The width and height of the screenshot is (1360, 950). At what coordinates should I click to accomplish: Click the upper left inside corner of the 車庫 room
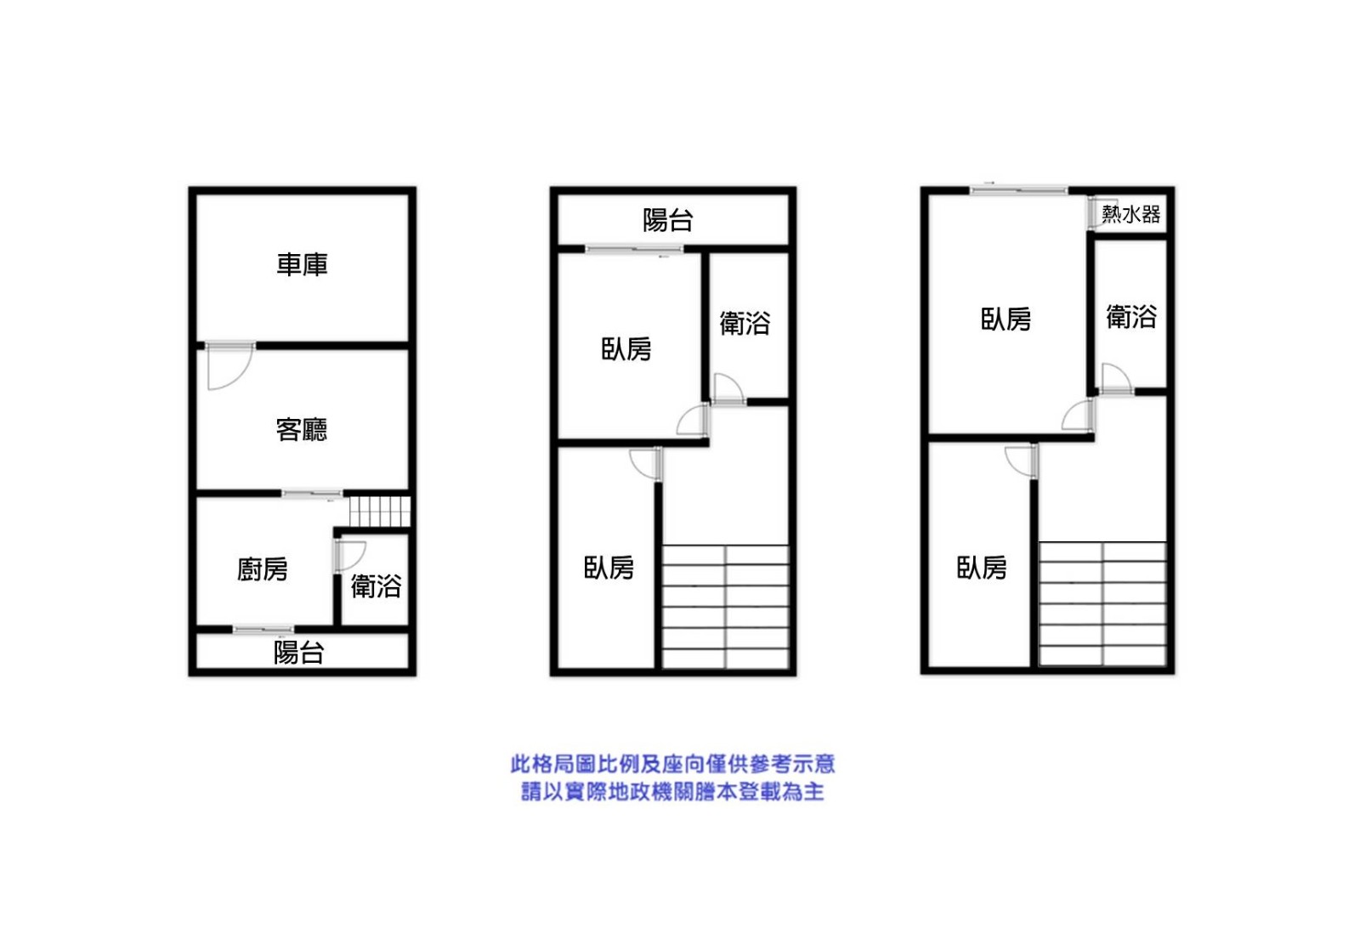tap(196, 195)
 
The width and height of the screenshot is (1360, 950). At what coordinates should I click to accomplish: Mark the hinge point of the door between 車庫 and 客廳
tap(208, 347)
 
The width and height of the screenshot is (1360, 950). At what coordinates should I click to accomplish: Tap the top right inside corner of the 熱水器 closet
tap(1166, 195)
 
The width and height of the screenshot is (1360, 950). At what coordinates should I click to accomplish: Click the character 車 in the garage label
tap(289, 264)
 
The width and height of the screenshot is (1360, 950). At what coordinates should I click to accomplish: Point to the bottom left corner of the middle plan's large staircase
tap(662, 669)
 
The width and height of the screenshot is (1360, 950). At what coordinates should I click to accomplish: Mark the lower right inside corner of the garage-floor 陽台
tap(408, 669)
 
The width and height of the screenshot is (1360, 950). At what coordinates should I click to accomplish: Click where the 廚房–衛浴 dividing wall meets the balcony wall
tap(337, 628)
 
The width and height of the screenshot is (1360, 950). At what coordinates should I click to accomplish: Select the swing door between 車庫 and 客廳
tap(230, 365)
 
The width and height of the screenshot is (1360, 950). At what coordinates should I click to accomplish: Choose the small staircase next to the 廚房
tap(379, 512)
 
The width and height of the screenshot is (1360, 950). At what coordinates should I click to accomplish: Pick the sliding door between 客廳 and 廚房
tap(311, 495)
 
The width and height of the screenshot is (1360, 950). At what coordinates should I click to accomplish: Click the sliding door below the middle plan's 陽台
tap(634, 250)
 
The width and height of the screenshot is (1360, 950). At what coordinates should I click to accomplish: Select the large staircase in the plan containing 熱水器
tap(1102, 604)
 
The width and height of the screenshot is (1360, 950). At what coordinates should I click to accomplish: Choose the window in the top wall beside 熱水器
tap(1019, 190)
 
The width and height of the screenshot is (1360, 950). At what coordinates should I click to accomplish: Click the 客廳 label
tap(302, 430)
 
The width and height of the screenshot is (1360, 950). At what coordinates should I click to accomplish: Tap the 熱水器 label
tap(1131, 213)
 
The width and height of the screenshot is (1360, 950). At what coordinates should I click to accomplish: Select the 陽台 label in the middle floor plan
tap(668, 220)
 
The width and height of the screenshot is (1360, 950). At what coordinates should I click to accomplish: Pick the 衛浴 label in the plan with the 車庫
tap(376, 585)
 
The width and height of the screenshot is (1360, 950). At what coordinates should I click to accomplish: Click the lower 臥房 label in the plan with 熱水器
tap(982, 568)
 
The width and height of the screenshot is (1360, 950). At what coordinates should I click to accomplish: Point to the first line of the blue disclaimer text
tap(672, 764)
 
